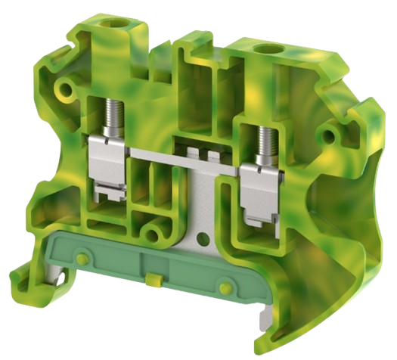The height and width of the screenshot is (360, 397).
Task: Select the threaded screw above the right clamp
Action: tap(267, 136)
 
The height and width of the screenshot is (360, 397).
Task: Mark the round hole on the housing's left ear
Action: tap(69, 91)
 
